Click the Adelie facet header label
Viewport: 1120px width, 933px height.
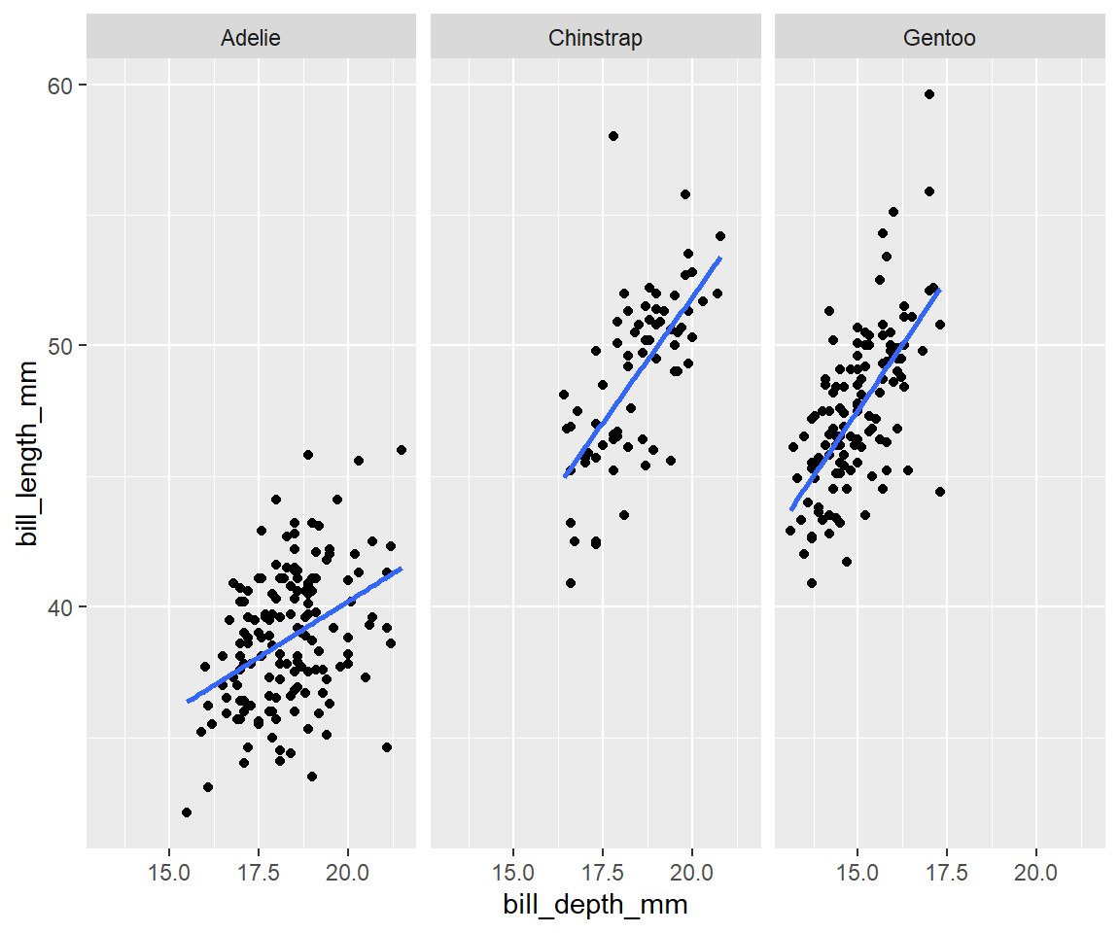251,39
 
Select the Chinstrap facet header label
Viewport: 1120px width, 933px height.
595,39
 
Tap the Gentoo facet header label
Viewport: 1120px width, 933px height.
939,39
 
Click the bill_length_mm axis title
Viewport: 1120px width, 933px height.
28,453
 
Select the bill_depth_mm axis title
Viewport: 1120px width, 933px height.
595,905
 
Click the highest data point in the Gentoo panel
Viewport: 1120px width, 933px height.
928,94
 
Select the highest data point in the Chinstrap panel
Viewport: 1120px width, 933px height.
612,136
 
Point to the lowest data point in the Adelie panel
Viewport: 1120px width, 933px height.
187,812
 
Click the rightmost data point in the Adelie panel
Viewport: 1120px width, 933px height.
402,450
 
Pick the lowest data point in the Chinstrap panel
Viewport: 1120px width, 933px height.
571,583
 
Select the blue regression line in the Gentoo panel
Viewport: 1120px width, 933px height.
865,399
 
